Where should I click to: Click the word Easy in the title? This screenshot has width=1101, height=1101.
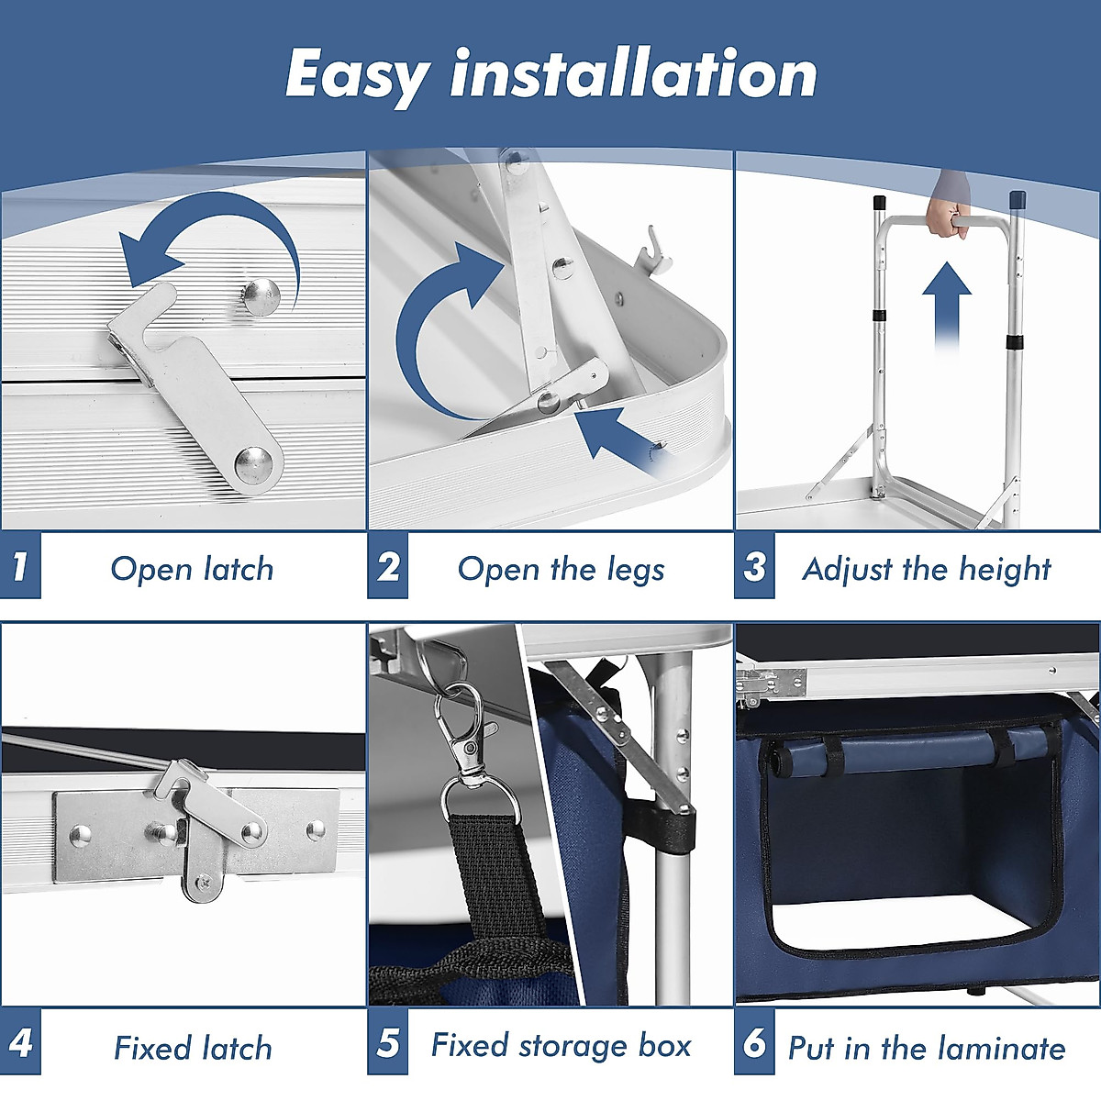click(357, 77)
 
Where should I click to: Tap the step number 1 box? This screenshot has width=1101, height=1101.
click(20, 566)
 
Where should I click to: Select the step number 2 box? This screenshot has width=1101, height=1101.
click(387, 566)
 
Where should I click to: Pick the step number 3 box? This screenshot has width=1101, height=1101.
click(754, 566)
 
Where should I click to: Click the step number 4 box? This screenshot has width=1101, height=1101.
click(20, 1041)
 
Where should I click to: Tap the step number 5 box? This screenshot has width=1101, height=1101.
click(387, 1041)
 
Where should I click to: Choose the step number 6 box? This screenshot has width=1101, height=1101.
click(754, 1041)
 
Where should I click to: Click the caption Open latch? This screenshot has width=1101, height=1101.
click(192, 569)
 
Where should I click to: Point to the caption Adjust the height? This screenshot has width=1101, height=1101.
click(927, 570)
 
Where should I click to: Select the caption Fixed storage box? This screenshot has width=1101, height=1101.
click(562, 1046)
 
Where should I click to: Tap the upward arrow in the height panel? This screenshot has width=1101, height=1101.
click(947, 307)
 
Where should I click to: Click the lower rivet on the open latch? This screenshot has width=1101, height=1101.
click(253, 464)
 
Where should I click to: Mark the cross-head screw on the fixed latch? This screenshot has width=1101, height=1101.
click(204, 883)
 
